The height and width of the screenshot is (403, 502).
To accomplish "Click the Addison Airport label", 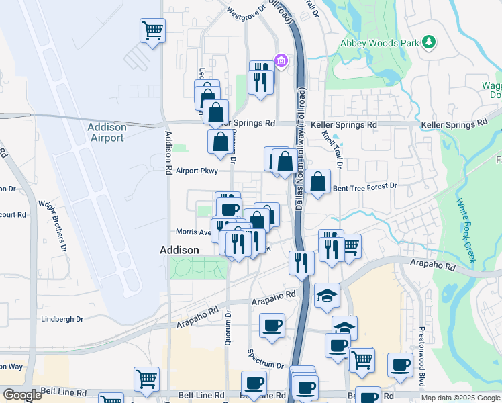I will coord(106,132).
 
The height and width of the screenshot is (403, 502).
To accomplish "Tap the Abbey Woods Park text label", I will coord(379,43).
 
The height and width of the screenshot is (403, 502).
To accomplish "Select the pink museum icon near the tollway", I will coord(281,62).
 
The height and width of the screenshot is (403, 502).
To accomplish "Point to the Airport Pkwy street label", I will coord(197,171).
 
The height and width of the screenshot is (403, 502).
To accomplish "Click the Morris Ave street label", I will coord(193,232).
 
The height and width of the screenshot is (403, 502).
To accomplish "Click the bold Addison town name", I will coord(180,250).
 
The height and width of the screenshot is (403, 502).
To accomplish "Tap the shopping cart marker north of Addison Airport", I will coord(152,30).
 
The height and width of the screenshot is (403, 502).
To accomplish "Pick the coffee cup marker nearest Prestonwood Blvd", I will coord(400,365).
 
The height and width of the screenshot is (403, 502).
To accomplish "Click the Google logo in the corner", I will coord(22,395).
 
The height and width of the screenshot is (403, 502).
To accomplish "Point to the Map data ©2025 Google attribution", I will coord(460,398).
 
